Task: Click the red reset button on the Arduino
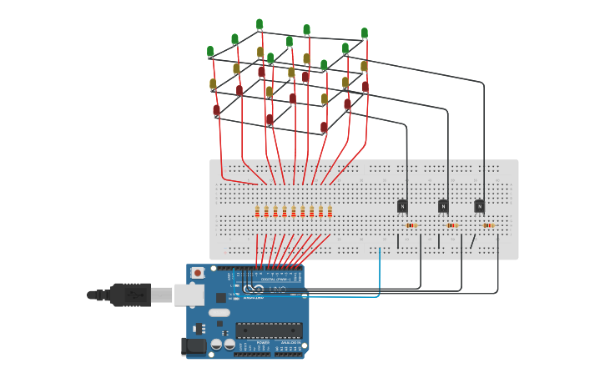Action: coord(197,273)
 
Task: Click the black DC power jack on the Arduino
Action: coord(194,345)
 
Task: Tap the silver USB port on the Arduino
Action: coord(189,295)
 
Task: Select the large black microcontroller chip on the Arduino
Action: coord(269,330)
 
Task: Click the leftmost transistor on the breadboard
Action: coord(402,206)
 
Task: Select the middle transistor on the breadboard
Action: coord(443,206)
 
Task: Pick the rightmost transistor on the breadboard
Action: coord(480,206)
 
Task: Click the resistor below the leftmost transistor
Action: coord(411,225)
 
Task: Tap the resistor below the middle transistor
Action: coord(451,225)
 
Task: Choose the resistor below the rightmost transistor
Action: coord(488,225)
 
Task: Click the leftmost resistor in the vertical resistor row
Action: coord(257,211)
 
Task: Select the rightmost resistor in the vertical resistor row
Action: coord(330,211)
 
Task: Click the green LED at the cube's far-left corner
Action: coord(210,52)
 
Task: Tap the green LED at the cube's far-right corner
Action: coord(365,33)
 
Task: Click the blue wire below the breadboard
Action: coord(380,275)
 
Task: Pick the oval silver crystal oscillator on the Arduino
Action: coord(219,313)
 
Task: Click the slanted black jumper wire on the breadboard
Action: coord(472,241)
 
